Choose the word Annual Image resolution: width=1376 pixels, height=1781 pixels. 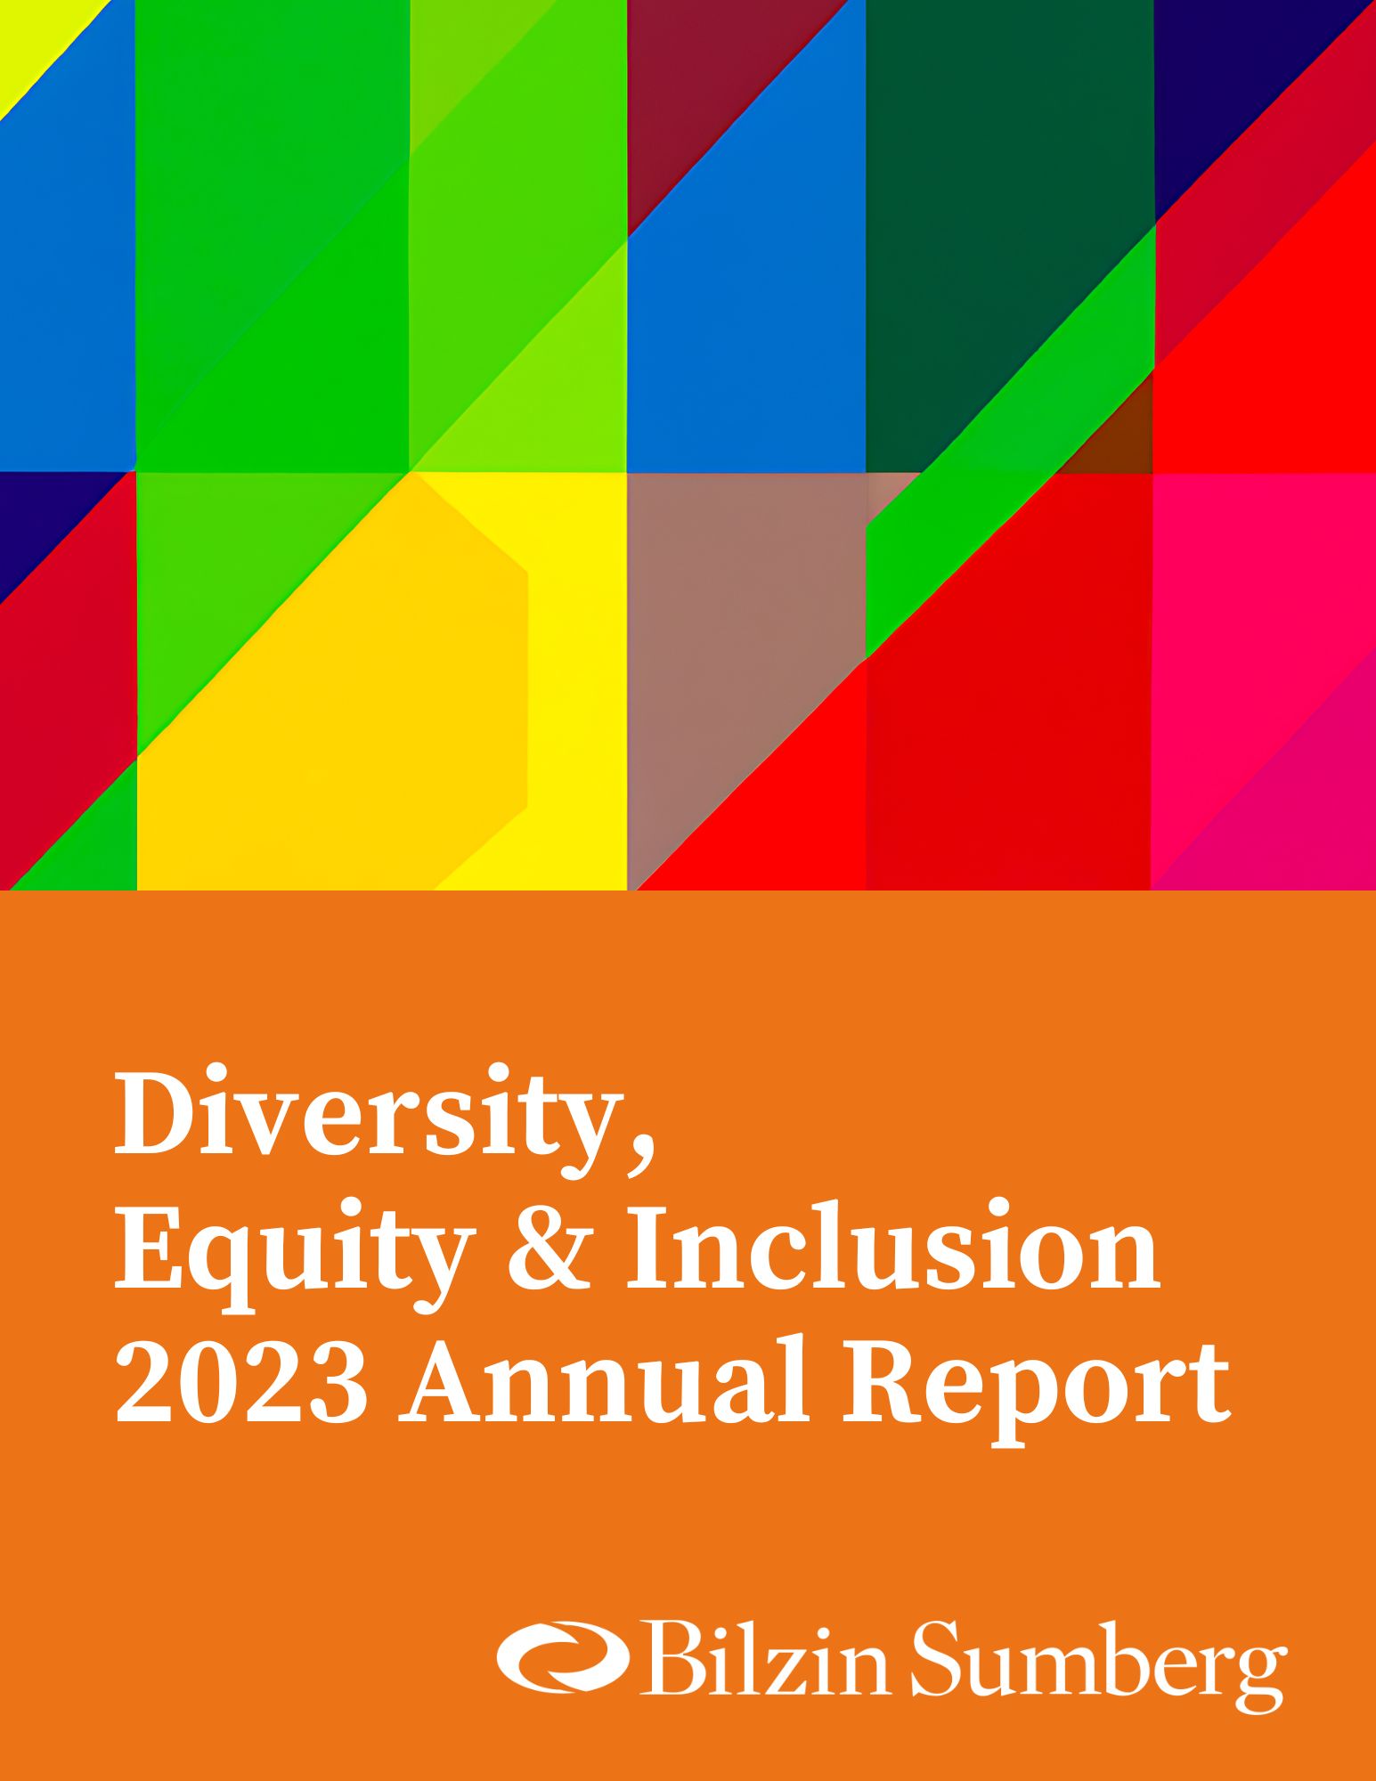point(602,1379)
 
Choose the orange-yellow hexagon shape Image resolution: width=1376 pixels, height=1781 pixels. point(356,695)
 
